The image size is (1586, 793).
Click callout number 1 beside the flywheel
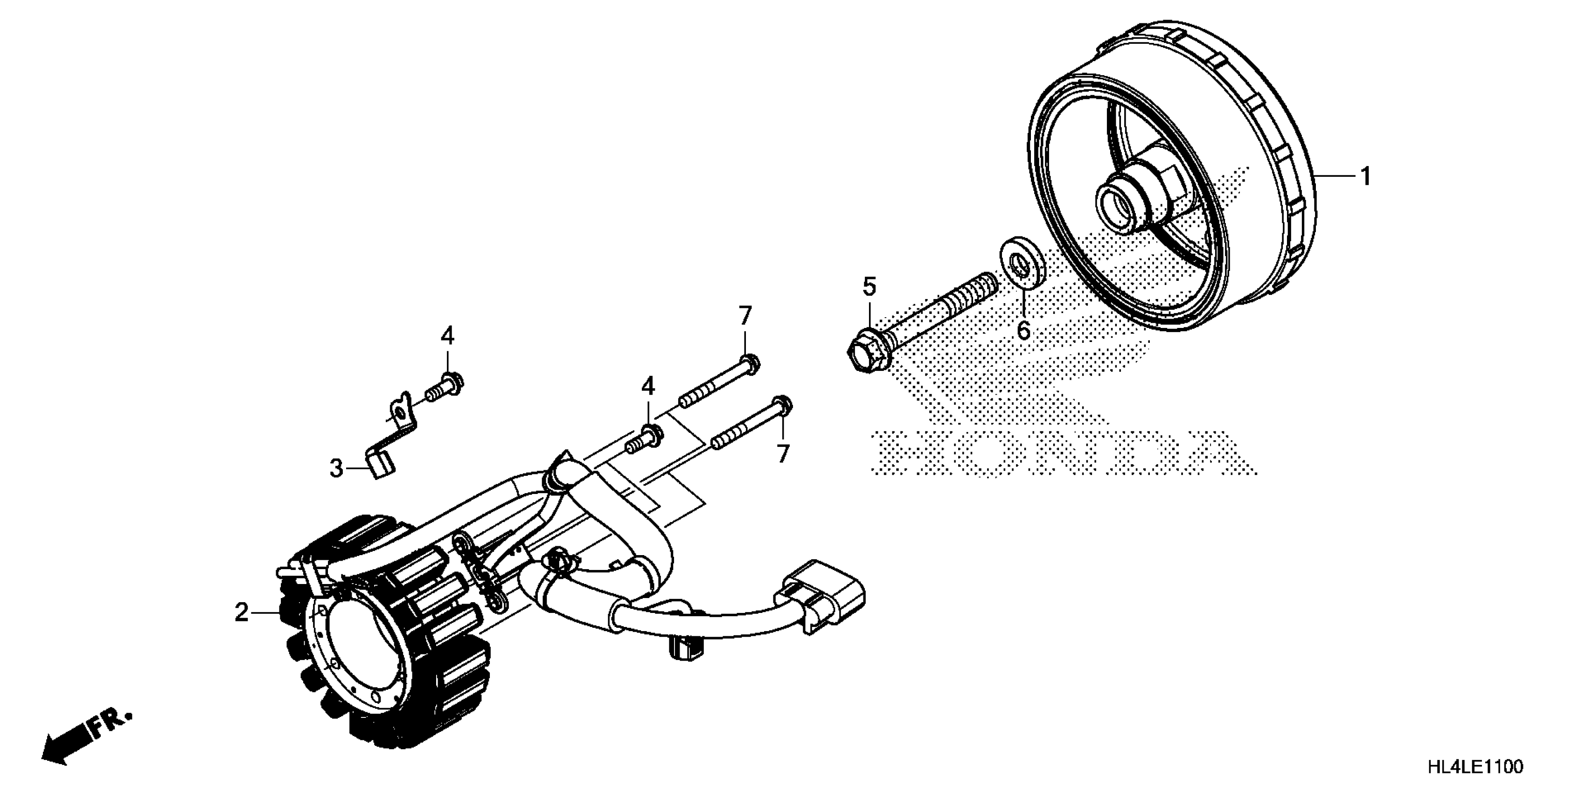pyautogui.click(x=1365, y=177)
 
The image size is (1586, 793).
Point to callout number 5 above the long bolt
pyautogui.click(x=869, y=287)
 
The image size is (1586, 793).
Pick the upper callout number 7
pyautogui.click(x=745, y=316)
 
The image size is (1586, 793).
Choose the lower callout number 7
pyautogui.click(x=783, y=454)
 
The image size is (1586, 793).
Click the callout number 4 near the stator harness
pyautogui.click(x=648, y=387)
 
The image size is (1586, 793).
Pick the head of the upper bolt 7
pyautogui.click(x=751, y=364)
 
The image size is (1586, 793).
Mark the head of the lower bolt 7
pyautogui.click(x=784, y=404)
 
